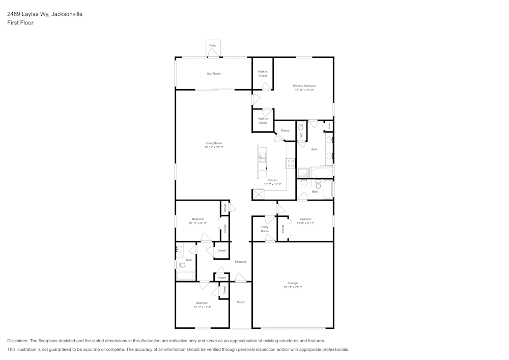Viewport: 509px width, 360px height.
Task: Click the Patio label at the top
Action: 213,46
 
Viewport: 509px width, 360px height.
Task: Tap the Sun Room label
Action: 214,74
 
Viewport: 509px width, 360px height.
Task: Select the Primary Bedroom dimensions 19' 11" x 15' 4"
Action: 304,90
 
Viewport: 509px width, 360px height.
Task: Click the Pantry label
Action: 285,131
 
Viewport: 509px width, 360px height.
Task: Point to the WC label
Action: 301,135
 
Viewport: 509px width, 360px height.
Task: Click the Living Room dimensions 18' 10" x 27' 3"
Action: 214,147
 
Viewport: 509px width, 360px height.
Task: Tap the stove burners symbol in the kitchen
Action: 291,163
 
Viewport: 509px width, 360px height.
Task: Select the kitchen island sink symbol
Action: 263,156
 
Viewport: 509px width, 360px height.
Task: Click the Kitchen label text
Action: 273,180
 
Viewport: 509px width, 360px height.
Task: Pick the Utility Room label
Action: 265,229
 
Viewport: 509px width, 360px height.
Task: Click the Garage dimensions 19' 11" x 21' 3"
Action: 293,287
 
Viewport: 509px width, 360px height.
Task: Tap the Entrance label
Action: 241,262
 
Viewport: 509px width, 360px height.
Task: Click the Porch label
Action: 241,302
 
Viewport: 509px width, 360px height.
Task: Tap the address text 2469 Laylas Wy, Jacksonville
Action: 45,14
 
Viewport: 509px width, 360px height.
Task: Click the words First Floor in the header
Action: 20,23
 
